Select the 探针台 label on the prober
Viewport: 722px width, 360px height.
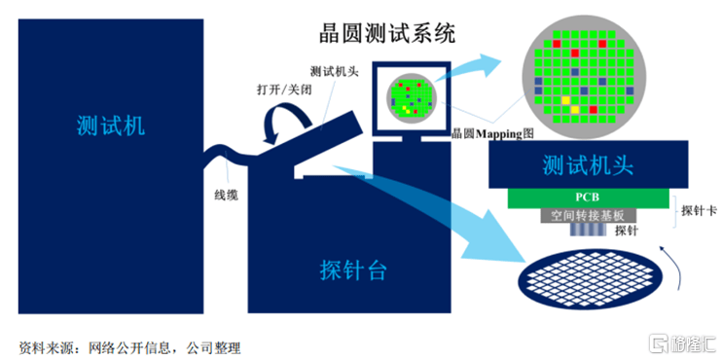point(353,270)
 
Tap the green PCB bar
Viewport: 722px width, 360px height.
point(588,198)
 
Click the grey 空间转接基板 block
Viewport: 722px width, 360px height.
point(588,216)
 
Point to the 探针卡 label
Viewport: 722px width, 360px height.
point(699,210)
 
